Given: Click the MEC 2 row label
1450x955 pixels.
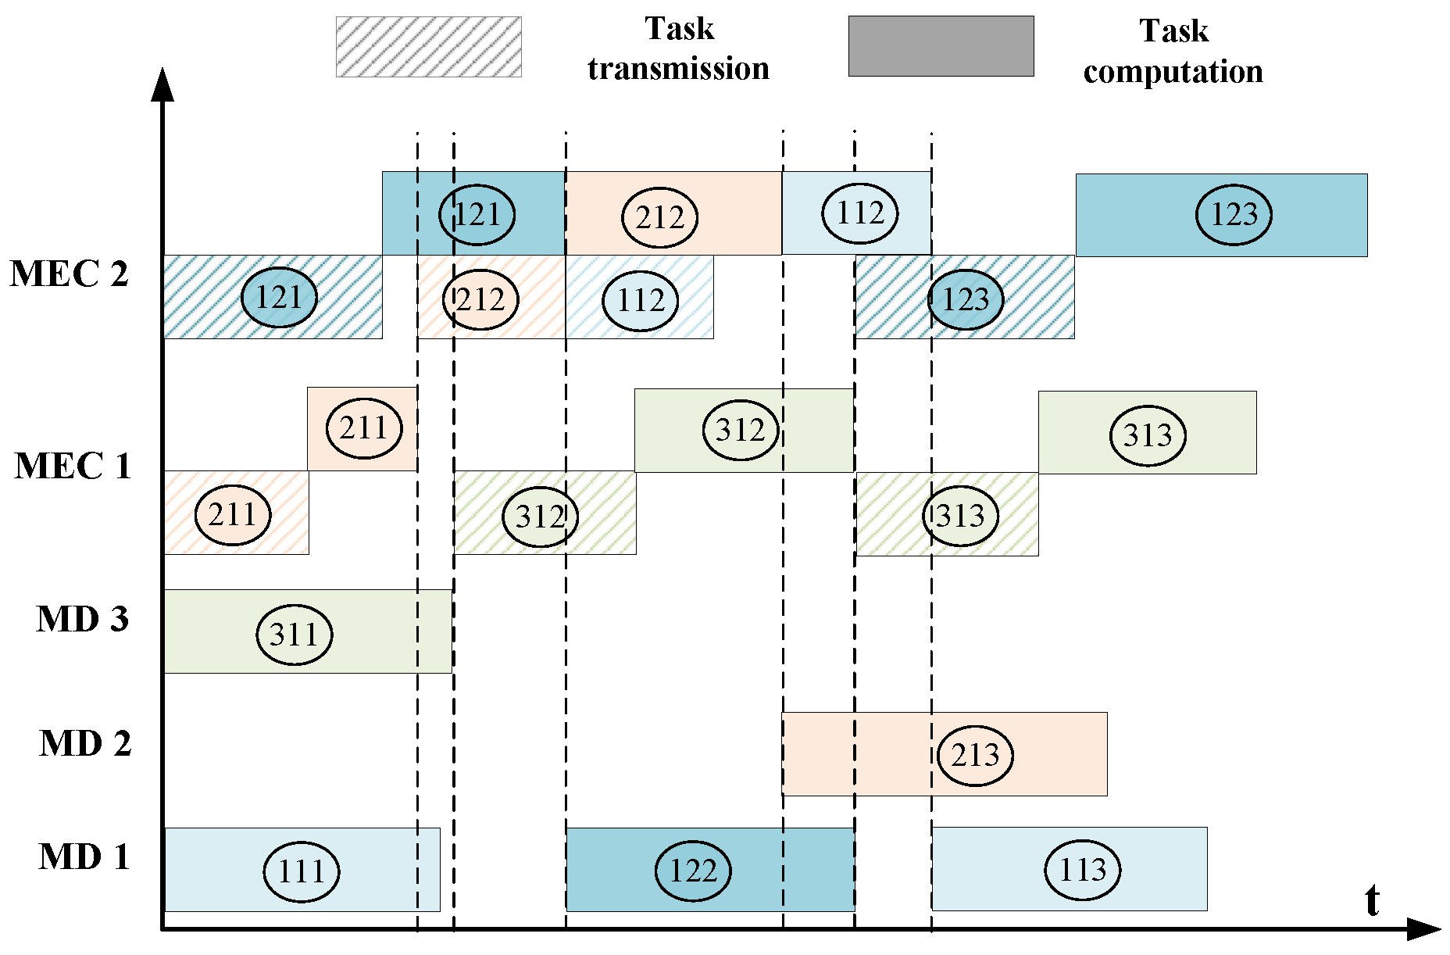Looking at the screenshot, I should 69,274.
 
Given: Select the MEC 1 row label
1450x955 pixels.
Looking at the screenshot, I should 72,467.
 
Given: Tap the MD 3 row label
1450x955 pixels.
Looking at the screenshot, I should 82,620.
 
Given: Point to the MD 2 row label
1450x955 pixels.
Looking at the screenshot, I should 84,744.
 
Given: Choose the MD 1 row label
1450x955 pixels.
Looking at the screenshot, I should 84,857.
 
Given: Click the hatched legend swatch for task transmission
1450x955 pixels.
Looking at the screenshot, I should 428,47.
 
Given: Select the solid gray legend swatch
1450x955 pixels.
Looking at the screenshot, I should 941,46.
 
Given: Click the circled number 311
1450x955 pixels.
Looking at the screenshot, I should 295,634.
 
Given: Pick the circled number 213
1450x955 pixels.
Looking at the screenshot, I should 975,755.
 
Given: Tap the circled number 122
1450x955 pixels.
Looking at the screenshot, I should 693,871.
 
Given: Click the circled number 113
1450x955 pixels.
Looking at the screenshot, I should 1082,869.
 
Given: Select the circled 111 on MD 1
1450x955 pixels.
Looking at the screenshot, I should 301,871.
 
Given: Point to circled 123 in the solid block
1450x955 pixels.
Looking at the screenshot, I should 1234,214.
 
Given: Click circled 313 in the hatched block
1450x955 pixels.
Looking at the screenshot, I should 960,516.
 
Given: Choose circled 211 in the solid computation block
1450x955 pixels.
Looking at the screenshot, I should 363,428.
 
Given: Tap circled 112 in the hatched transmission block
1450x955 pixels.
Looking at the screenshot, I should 641,300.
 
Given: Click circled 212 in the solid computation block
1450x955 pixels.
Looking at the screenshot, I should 659,217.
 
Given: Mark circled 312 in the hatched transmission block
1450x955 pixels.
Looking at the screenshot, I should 540,517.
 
